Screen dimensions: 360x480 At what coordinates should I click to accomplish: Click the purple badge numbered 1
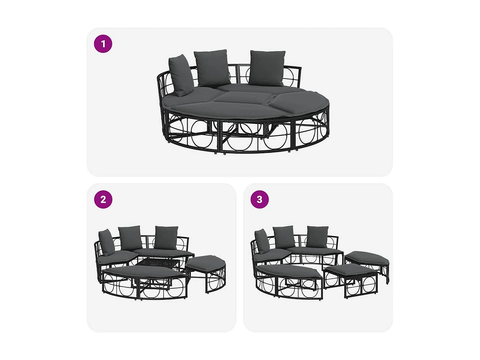(x=103, y=44)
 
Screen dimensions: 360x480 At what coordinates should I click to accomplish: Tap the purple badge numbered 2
(x=103, y=199)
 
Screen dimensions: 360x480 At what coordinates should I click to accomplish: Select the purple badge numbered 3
(x=260, y=199)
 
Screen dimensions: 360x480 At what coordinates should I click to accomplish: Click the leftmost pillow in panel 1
(x=181, y=76)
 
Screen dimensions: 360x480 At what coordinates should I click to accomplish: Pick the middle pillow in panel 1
(x=212, y=68)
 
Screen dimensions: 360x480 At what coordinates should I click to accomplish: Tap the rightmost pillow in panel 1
(x=267, y=68)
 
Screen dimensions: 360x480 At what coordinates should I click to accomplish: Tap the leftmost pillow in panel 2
(x=106, y=242)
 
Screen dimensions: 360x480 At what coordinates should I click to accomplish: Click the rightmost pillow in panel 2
(x=166, y=237)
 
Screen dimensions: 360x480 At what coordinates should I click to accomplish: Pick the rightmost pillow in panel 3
(x=317, y=236)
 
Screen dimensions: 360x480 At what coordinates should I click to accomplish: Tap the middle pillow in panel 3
(x=284, y=237)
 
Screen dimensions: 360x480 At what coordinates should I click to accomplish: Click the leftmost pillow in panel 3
(x=262, y=241)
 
